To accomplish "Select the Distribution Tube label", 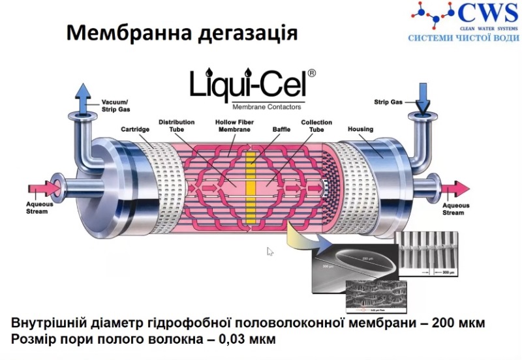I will tap(172, 125).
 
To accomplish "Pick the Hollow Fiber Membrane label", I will tap(234, 125).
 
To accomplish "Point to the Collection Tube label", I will tap(316, 125).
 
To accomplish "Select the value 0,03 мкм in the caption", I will tap(247, 340).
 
